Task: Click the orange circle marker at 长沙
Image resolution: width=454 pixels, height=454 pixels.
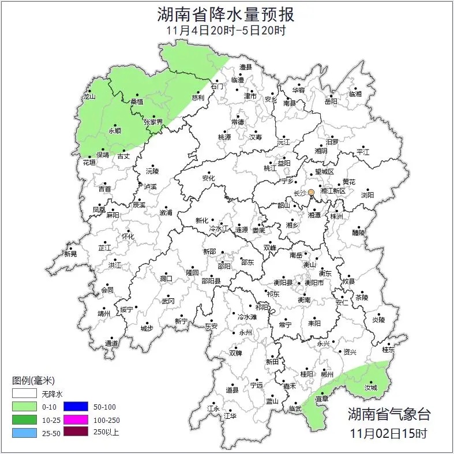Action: (x=311, y=192)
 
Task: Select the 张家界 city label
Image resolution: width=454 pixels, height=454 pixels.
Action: (x=153, y=122)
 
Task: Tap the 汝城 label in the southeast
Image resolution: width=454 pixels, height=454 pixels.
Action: (x=370, y=387)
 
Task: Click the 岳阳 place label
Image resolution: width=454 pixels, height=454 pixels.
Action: (x=331, y=102)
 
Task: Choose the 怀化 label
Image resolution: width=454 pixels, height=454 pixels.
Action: (x=127, y=237)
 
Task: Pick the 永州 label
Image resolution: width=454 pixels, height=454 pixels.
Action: (x=245, y=333)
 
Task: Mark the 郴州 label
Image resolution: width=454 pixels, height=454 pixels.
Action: (x=327, y=374)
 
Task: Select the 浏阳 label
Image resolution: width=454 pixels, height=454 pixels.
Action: (x=367, y=195)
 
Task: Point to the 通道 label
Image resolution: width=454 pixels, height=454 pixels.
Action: (x=111, y=344)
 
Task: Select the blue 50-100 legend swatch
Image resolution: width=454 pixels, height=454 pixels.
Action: (x=76, y=407)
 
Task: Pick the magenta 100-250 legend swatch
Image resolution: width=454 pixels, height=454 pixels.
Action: (x=76, y=419)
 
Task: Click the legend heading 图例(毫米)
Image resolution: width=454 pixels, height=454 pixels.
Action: (x=33, y=381)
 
